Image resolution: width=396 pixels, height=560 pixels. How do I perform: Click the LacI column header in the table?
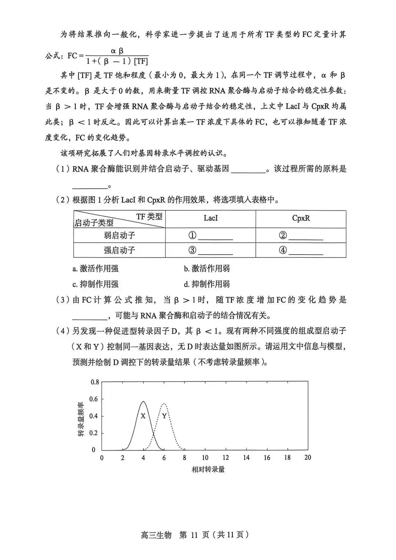pos(210,218)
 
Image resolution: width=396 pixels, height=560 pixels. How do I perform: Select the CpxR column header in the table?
pos(301,218)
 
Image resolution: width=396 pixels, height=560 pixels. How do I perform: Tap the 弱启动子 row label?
pos(119,235)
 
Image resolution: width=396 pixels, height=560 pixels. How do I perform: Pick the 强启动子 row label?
pos(119,250)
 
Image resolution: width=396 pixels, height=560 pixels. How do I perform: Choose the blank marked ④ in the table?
pos(305,251)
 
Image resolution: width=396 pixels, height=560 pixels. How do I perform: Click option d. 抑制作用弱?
pos(207,284)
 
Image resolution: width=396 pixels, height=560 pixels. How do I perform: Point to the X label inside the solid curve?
pos(143,416)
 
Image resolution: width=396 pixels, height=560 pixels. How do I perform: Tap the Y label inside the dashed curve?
pos(164,416)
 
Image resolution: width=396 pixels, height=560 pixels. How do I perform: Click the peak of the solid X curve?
pos(143,401)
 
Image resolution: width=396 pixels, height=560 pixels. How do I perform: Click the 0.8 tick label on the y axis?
pos(95,382)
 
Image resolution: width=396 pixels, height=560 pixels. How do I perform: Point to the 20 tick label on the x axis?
pos(308,457)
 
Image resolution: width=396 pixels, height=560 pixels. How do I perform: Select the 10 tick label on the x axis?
pos(205,457)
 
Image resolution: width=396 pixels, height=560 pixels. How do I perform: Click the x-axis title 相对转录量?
pos(208,469)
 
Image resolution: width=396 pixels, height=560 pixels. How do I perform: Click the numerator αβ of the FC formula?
pos(117,51)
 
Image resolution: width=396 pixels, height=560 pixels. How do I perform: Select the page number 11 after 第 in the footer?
pos(194,535)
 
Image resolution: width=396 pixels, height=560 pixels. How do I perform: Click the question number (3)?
pos(63,300)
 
